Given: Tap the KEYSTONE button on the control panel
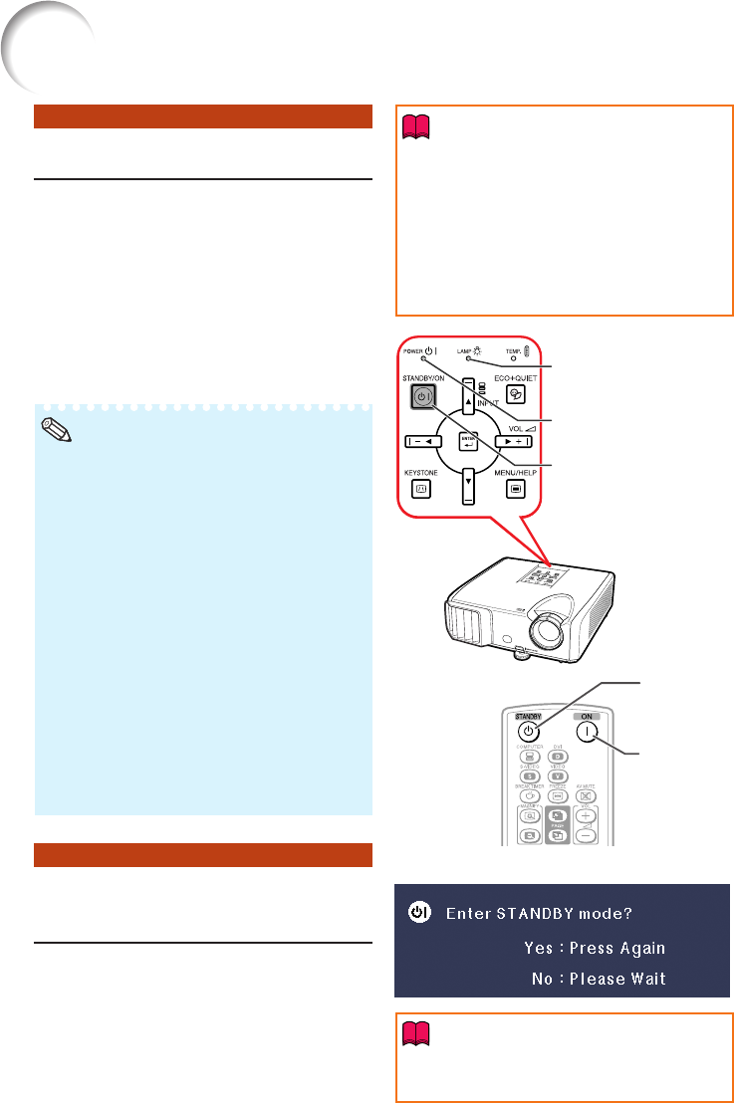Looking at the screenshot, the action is click(421, 489).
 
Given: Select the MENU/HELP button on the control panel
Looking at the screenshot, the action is click(514, 489).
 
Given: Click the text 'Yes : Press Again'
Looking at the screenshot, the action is click(595, 948).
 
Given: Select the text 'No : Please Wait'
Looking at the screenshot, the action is click(599, 979).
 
